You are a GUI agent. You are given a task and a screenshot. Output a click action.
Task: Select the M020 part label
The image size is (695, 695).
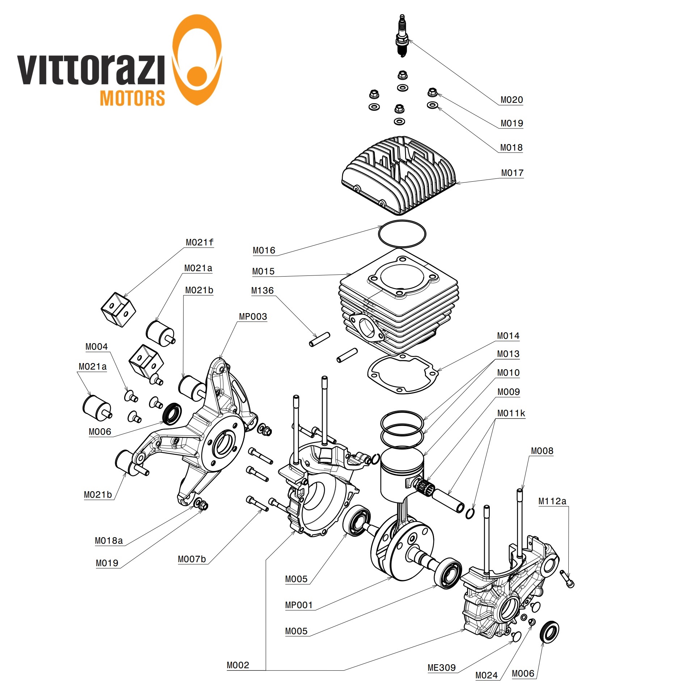511,100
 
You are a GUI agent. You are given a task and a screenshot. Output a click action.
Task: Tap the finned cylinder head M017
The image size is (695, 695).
398,174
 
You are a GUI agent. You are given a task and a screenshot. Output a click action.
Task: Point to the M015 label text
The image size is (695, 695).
263,271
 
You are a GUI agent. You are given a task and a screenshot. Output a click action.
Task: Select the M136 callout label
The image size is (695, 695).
262,291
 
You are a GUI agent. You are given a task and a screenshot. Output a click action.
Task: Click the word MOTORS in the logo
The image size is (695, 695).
132,98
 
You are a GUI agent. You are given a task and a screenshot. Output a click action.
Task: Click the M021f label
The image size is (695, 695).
199,243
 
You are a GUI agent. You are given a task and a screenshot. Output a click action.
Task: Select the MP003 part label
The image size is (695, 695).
253,317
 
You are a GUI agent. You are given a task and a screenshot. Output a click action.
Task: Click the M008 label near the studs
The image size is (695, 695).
542,451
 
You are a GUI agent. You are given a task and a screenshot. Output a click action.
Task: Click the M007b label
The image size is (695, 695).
192,560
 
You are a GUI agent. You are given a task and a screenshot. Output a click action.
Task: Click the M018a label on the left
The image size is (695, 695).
109,541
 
